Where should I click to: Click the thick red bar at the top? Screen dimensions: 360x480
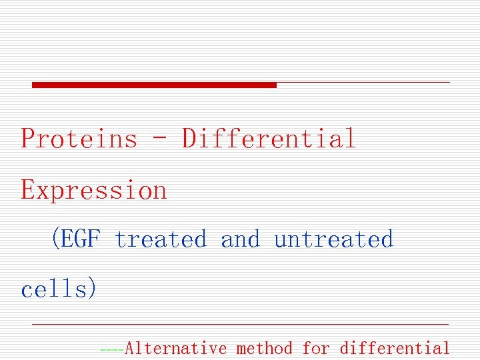point(154,85)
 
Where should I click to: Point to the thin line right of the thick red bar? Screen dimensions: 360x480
point(363,83)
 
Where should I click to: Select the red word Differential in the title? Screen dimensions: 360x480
point(269,139)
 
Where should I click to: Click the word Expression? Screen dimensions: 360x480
point(94,191)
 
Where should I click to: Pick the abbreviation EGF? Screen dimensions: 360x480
point(80,239)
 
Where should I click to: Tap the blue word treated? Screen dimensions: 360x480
point(161,239)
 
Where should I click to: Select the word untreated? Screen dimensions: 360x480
point(333,239)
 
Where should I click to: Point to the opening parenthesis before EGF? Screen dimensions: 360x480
point(55,239)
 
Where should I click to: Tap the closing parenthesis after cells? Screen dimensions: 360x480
point(93,289)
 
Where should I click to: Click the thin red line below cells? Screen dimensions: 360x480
point(240,324)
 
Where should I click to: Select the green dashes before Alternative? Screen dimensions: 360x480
point(111,349)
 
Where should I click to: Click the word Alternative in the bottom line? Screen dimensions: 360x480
point(176,348)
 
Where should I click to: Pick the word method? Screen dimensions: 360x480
point(265,348)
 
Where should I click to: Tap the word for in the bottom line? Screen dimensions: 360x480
point(316,348)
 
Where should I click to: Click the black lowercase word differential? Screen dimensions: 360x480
point(395,348)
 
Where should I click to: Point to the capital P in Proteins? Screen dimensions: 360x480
point(28,139)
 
